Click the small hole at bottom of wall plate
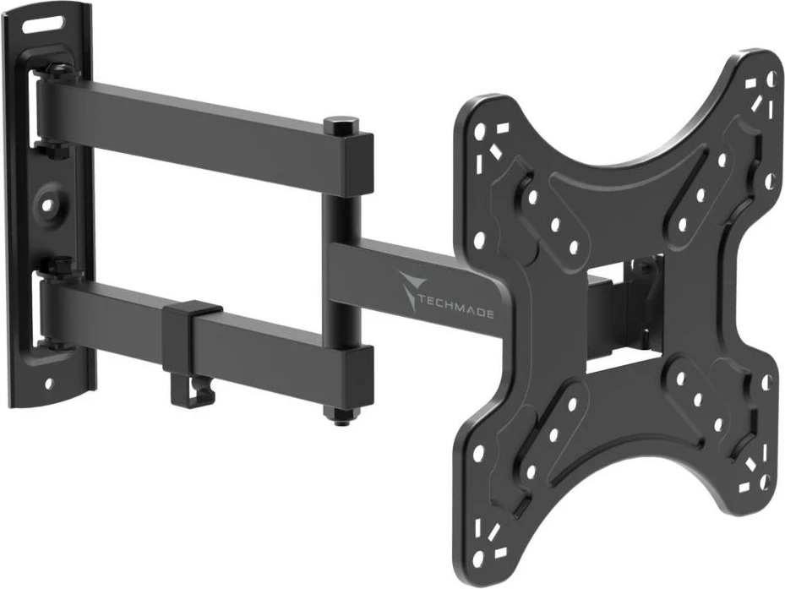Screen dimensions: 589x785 click(x=48, y=383)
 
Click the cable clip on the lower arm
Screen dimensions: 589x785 click(x=190, y=346)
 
